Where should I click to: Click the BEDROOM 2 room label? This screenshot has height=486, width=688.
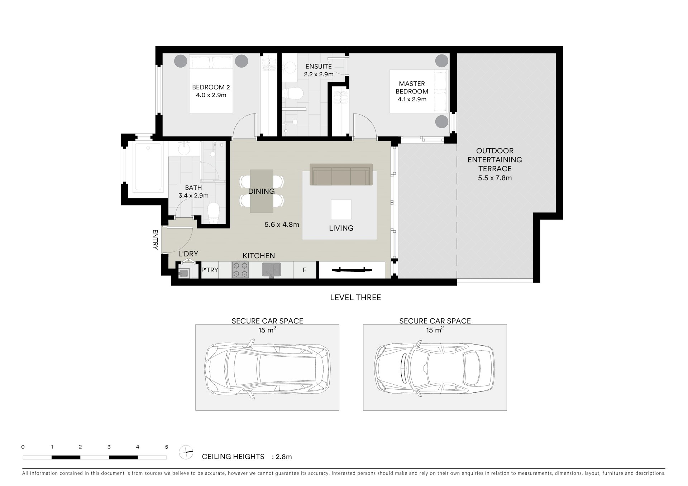(x=211, y=87)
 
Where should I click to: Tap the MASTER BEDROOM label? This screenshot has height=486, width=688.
(x=412, y=87)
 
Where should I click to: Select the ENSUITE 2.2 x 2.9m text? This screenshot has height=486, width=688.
(x=319, y=70)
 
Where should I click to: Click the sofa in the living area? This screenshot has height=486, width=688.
(x=341, y=174)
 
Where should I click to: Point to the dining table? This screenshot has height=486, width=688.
(x=262, y=191)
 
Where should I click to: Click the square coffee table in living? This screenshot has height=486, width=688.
(x=341, y=210)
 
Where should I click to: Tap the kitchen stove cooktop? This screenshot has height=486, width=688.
(x=240, y=270)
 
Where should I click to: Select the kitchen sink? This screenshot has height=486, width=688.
(x=272, y=270)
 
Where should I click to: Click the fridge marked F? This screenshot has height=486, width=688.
(x=305, y=270)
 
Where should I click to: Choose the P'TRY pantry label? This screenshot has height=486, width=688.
(x=210, y=270)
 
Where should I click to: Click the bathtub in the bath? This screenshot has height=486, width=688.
(x=148, y=167)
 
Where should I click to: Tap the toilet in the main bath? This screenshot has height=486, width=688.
(x=213, y=213)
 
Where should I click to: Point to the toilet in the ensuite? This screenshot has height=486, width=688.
(x=293, y=93)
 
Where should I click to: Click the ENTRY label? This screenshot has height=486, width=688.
(x=155, y=240)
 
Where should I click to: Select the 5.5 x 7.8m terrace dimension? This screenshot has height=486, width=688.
(x=495, y=178)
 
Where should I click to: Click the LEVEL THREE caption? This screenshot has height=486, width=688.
(x=355, y=297)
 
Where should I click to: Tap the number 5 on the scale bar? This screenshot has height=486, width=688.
(x=167, y=447)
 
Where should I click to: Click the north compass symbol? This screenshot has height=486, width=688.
(x=186, y=452)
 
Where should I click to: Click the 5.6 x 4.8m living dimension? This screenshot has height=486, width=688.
(x=282, y=225)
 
